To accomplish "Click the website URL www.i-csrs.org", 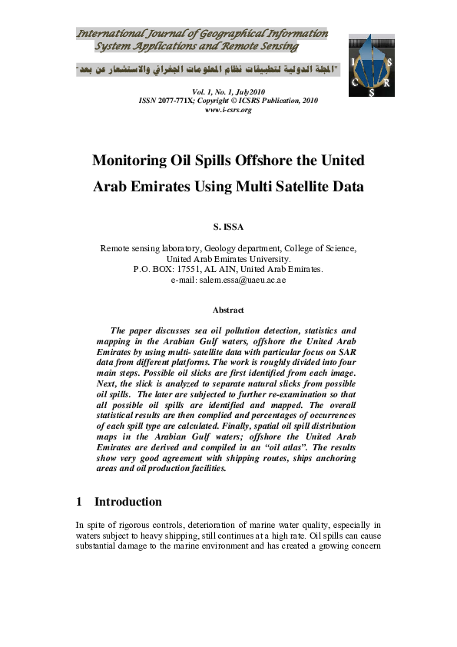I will click(x=228, y=110).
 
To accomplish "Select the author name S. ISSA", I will click(x=228, y=228).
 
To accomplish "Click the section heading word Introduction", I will click(x=127, y=502).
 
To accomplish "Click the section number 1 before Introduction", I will click(x=79, y=502).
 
